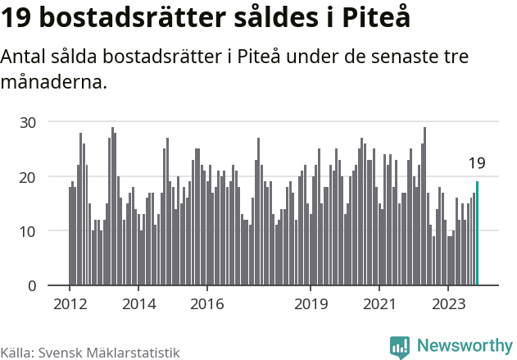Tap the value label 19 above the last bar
[x=476, y=163]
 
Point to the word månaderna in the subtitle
[x=54, y=82]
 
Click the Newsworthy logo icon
[x=400, y=346]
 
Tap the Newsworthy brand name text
[x=465, y=346]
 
